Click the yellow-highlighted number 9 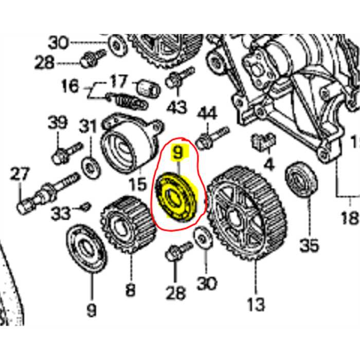tap(177, 152)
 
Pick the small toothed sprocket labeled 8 tap(127, 224)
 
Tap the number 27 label tap(21, 174)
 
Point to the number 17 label tap(118, 81)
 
